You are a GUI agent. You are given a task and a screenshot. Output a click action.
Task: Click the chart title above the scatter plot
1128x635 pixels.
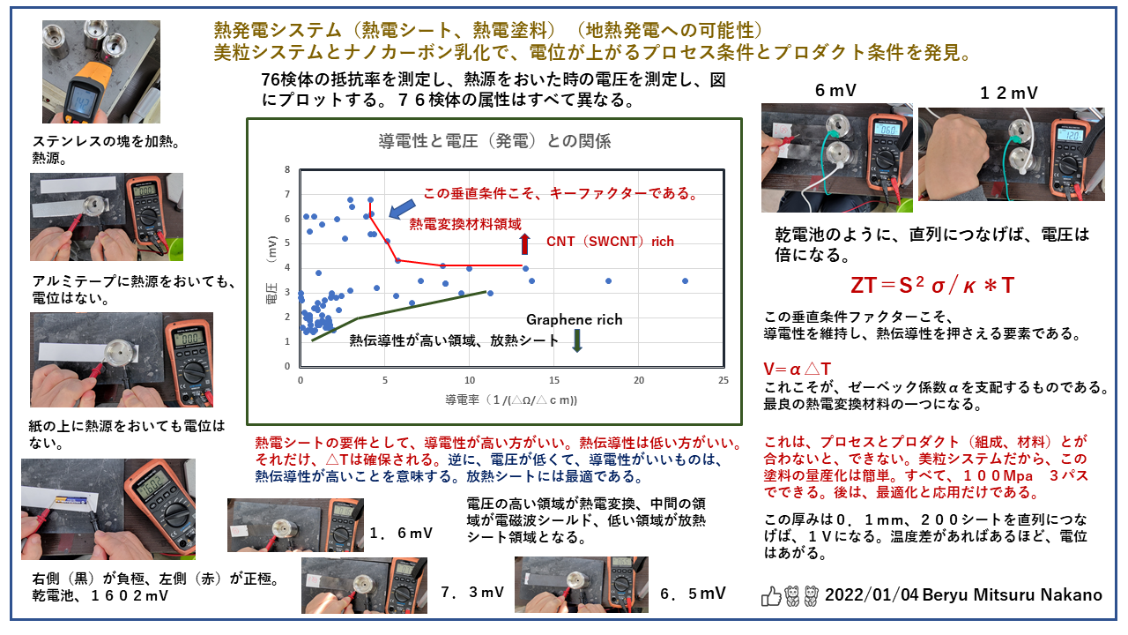coord(494,141)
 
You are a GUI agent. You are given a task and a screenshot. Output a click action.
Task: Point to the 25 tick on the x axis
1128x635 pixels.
coord(724,381)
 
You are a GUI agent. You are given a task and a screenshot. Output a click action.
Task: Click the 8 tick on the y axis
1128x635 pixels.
coord(287,169)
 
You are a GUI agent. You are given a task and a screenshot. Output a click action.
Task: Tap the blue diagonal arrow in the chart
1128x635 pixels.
coord(399,207)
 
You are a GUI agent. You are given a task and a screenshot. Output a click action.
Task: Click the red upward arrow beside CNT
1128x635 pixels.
coord(525,243)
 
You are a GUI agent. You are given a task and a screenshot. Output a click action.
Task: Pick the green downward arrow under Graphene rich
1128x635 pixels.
coord(576,340)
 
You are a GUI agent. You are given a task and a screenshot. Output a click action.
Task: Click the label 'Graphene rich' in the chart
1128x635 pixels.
coord(574,319)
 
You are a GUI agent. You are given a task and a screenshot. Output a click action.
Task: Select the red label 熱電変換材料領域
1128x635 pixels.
coord(465,224)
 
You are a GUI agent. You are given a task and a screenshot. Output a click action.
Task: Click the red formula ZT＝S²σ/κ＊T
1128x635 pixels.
coord(933,286)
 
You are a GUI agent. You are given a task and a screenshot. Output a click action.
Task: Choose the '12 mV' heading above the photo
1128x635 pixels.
coord(1008,92)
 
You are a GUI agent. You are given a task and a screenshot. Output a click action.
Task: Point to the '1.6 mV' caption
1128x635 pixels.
coord(401,533)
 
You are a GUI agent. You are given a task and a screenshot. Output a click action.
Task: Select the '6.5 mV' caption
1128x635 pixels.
coord(693,593)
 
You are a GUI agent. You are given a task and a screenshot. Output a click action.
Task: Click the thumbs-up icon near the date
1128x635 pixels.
coord(771,596)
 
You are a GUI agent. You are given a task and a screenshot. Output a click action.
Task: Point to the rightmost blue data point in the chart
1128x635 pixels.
coord(685,280)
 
